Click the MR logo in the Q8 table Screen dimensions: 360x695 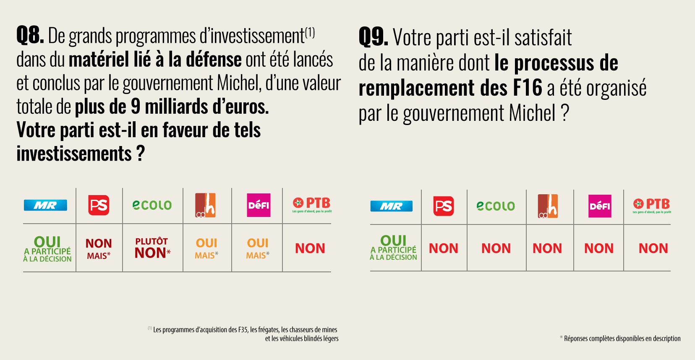coord(45,205)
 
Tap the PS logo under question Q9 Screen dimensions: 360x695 coord(444,206)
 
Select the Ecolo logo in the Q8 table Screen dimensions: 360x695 coord(152,205)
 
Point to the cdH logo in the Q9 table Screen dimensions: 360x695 coord(548,206)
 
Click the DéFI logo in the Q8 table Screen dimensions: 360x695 coord(259,205)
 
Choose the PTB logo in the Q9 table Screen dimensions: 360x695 coord(652,205)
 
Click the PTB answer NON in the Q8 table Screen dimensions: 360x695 coord(310,248)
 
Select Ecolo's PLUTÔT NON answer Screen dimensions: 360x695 coord(152,248)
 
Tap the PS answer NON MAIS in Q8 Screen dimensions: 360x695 coord(99,249)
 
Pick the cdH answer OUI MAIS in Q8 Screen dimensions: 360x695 coord(206,248)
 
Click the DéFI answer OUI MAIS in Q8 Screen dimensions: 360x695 coord(258,248)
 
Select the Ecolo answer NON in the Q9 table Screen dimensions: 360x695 coord(496,248)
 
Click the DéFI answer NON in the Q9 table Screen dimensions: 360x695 coord(599,248)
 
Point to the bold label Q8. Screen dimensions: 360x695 coord(30,35)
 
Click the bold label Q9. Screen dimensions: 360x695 coord(373,37)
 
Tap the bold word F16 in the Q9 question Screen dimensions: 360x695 coord(528,88)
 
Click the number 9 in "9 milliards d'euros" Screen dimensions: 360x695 coord(135,107)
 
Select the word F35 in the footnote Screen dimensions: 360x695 coord(243,330)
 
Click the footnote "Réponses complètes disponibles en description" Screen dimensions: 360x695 coord(622,339)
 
